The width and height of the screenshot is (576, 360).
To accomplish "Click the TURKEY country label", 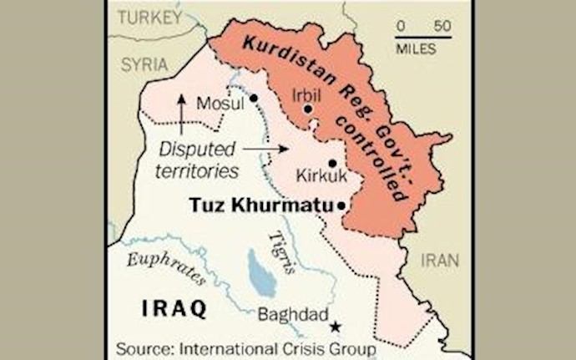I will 149,17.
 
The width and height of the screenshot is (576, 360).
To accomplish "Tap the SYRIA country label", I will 144,64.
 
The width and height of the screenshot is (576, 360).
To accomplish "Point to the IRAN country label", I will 439,260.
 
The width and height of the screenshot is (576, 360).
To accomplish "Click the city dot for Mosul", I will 253,98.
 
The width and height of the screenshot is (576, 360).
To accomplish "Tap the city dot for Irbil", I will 308,109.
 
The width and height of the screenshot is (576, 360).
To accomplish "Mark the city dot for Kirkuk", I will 332,164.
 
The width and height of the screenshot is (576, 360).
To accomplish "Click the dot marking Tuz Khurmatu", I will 341,205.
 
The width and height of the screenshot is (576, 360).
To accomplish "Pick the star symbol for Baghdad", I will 336,327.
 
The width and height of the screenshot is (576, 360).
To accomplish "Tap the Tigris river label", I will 284,251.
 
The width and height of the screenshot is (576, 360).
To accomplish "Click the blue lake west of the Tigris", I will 260,273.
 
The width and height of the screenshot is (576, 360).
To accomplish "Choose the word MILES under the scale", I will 416,49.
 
